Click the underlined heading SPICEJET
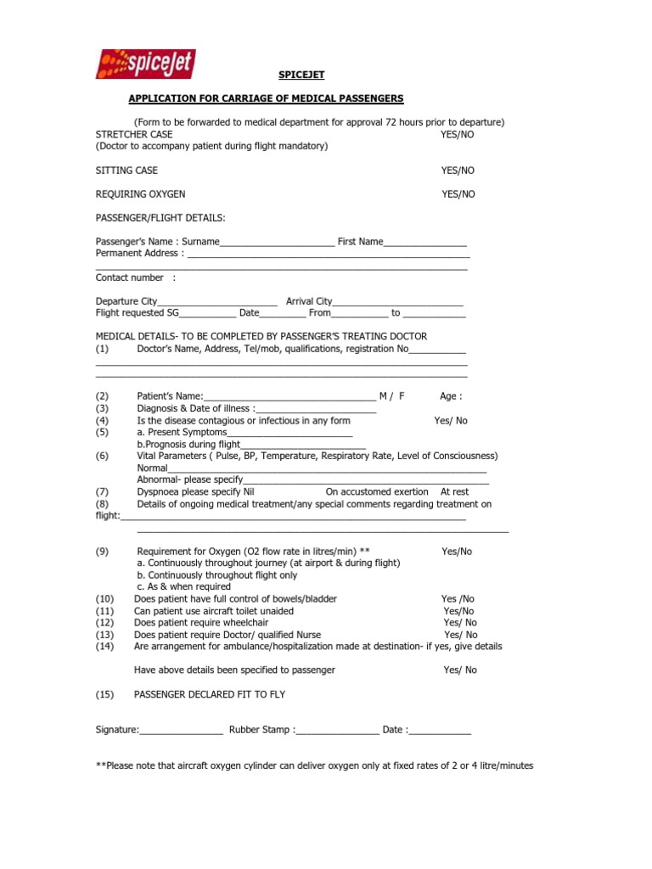coord(301,75)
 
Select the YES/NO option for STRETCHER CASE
coord(458,135)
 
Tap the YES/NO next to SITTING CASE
coord(458,171)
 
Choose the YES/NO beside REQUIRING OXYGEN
coord(458,194)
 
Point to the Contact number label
coord(130,278)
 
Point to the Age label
coord(451,396)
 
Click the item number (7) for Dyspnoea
coord(103,492)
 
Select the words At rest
coord(454,492)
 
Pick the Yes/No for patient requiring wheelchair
coord(459,623)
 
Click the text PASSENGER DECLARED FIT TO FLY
coord(210,694)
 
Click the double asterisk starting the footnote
coord(100,765)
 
